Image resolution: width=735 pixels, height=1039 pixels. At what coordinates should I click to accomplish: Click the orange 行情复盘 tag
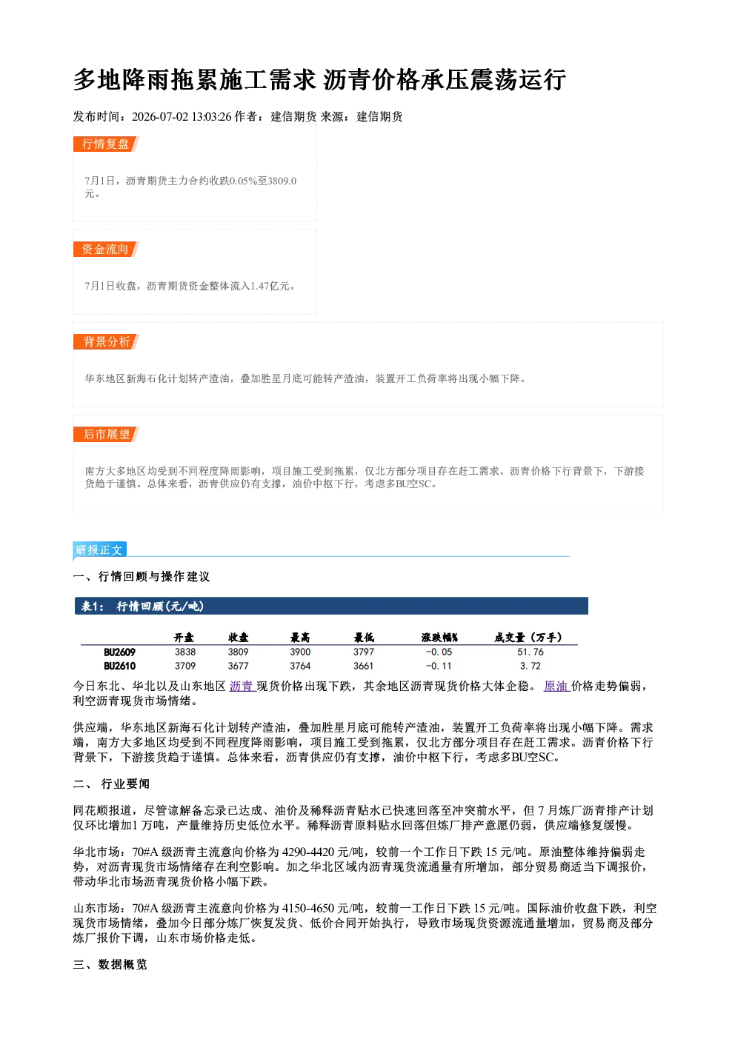coord(106,144)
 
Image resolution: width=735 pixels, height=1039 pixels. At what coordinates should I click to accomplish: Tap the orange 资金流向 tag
coord(106,249)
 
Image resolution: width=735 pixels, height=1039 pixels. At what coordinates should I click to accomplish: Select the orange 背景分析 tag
coord(106,342)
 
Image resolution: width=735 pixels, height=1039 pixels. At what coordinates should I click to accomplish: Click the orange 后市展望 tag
coord(106,434)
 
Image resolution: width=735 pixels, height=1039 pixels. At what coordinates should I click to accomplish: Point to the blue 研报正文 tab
coord(99,550)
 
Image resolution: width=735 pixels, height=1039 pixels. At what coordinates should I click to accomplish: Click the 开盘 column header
coord(184,638)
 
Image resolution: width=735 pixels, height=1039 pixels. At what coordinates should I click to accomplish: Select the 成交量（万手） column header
coord(528,638)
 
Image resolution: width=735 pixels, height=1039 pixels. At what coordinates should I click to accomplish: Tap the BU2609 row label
coord(120,652)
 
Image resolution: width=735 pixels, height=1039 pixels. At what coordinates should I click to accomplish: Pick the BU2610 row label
coord(120,666)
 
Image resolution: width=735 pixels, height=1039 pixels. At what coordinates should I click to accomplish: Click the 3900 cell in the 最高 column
coord(300,652)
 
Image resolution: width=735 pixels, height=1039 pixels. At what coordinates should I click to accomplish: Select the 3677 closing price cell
coord(238,666)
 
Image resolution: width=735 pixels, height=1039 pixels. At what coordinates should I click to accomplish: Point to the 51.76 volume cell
coord(531,652)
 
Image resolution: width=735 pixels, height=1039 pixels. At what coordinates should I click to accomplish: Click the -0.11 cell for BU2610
coord(439,666)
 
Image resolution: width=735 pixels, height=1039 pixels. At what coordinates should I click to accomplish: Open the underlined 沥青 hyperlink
coord(243,686)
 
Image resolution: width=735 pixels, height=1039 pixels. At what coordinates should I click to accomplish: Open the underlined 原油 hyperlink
coord(557,686)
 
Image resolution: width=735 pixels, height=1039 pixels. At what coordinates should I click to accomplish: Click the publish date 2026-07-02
coord(160,116)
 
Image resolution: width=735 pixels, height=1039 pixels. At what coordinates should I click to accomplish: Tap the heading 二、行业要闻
coord(111,784)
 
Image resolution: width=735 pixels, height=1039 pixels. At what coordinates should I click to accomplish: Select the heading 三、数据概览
coord(110,965)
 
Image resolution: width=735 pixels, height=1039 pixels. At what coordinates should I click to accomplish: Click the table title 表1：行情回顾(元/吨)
coord(142,607)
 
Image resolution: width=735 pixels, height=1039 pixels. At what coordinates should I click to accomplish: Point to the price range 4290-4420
coord(308,852)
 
